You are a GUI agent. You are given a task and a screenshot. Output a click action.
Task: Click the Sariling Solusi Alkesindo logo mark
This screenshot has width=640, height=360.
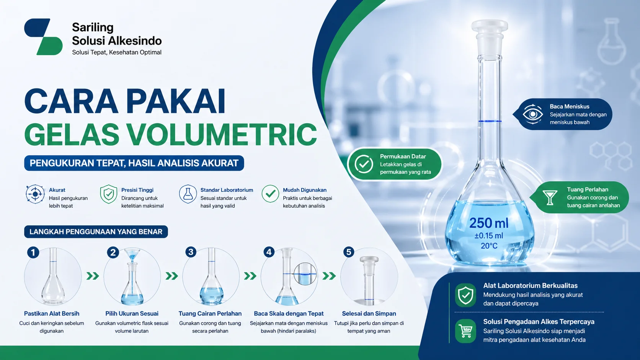click(x=43, y=37)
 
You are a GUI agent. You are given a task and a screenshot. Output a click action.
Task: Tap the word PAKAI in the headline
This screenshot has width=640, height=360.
click(x=176, y=101)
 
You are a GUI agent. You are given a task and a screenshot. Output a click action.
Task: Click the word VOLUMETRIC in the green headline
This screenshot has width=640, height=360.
click(x=222, y=134)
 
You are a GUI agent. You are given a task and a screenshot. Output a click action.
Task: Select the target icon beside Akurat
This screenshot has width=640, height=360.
click(x=35, y=194)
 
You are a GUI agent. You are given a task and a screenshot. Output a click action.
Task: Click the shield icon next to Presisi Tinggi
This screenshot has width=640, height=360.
click(x=109, y=194)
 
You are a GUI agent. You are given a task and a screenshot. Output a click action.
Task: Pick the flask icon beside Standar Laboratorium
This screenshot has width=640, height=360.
click(x=188, y=194)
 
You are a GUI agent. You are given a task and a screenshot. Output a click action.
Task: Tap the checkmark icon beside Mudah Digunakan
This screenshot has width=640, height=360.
click(x=270, y=194)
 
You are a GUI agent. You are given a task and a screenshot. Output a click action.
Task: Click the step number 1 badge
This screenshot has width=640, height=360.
click(x=33, y=252)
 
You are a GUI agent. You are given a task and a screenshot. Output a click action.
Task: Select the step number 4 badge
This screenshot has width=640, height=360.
click(x=269, y=252)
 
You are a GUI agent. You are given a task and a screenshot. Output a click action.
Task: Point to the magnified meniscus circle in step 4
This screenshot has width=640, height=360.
click(x=305, y=274)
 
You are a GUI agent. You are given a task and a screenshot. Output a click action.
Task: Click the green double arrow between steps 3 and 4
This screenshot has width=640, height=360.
click(x=250, y=276)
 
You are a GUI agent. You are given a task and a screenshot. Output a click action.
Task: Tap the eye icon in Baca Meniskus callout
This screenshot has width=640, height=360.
click(x=533, y=114)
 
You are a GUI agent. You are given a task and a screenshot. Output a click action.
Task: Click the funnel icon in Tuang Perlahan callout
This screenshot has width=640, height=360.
click(x=550, y=197)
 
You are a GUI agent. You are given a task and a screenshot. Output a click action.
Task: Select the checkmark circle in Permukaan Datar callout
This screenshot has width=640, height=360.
click(x=364, y=164)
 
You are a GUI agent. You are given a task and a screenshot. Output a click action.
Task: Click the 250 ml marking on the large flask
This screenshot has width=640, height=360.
click(x=489, y=223)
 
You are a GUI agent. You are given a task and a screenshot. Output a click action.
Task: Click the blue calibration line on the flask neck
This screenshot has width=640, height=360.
click(x=490, y=121)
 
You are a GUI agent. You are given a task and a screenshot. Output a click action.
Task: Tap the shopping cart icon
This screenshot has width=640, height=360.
click(x=465, y=331)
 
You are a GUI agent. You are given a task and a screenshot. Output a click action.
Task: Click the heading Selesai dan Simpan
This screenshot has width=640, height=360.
click(x=369, y=314)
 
